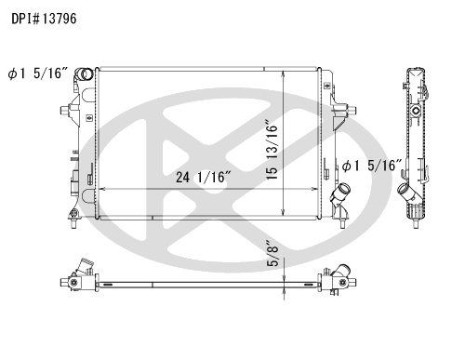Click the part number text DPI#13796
point(44,19)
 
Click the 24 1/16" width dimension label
point(204,178)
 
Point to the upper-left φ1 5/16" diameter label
point(37,73)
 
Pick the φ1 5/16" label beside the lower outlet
point(372,166)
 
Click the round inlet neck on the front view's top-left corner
point(84,74)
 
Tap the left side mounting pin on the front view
point(64,110)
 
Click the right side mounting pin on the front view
point(352,110)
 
